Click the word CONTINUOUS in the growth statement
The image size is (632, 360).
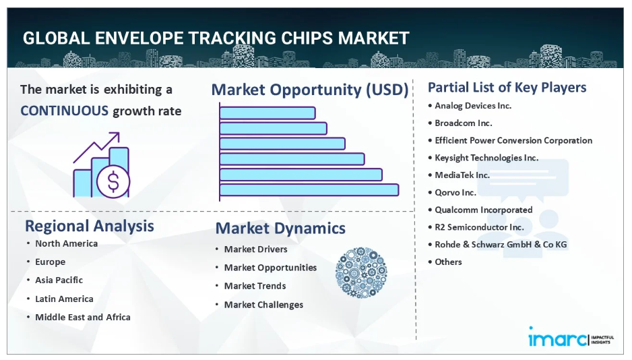click(x=65, y=111)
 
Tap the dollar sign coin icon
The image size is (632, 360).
click(x=113, y=181)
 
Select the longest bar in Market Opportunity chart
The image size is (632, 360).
click(x=309, y=190)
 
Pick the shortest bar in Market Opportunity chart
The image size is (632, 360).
click(x=267, y=113)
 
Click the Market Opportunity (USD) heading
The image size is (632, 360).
click(x=310, y=90)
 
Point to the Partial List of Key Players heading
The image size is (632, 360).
click(x=507, y=87)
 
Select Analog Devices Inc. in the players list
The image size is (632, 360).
click(x=473, y=106)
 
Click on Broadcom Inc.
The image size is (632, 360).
click(x=464, y=123)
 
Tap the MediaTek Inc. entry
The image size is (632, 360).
click(x=462, y=175)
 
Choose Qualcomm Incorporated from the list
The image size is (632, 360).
click(x=483, y=210)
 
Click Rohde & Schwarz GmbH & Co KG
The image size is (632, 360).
click(x=501, y=244)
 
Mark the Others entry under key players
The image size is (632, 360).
click(x=448, y=262)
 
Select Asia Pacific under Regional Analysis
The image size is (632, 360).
click(x=59, y=280)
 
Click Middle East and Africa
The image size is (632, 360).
click(x=83, y=317)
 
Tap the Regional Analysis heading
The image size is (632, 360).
click(x=90, y=226)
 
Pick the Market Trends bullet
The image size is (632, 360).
click(x=255, y=286)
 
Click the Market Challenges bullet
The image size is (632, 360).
click(x=263, y=305)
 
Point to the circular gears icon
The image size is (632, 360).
click(x=361, y=272)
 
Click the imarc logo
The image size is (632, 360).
click(x=571, y=337)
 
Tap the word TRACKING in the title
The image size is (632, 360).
click(x=232, y=38)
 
